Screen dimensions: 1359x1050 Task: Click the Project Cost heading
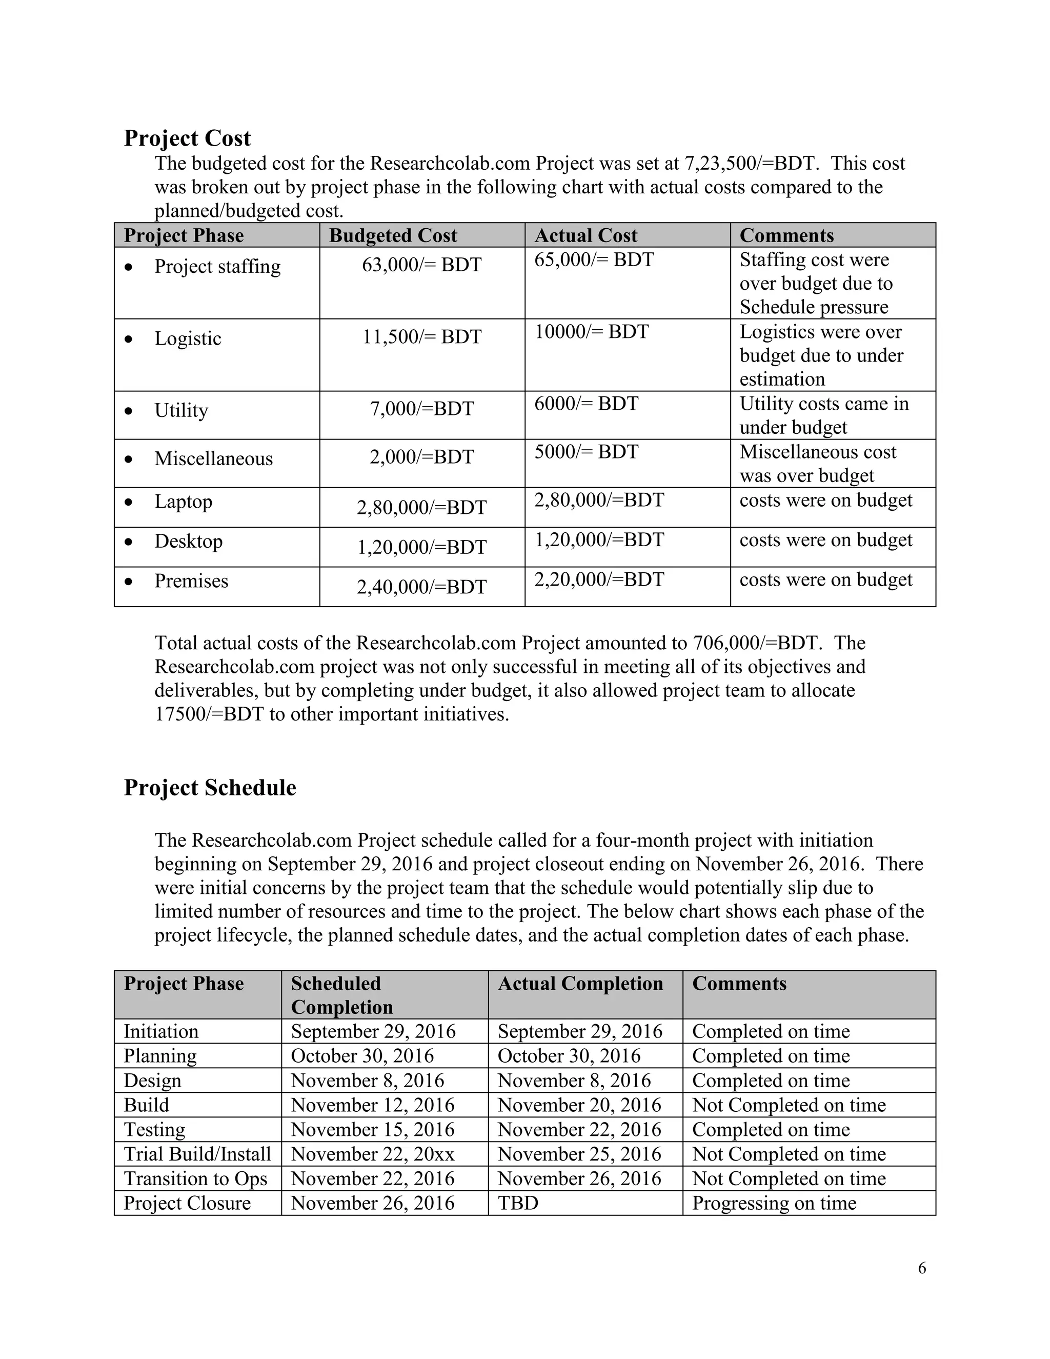point(187,138)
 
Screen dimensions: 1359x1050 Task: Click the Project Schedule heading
point(210,788)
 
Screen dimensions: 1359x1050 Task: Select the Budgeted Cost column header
point(393,235)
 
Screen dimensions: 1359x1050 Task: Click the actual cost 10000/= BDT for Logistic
point(591,332)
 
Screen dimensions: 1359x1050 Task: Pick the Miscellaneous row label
point(213,458)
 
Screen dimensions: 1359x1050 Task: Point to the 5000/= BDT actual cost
point(586,452)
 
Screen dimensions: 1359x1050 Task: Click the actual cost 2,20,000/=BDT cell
point(599,580)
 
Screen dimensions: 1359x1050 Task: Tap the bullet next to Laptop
point(128,502)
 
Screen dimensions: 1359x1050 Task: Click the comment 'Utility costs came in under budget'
point(823,415)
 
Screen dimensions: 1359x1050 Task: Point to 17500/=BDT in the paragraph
point(209,714)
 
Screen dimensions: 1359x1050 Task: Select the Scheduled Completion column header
point(342,994)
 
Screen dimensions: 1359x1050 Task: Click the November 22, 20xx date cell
point(373,1154)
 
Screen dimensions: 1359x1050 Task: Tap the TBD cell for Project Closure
point(517,1204)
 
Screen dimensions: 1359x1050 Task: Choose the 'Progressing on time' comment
point(774,1204)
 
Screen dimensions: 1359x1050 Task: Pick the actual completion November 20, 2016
point(579,1105)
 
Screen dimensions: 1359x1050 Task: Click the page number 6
point(922,1268)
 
